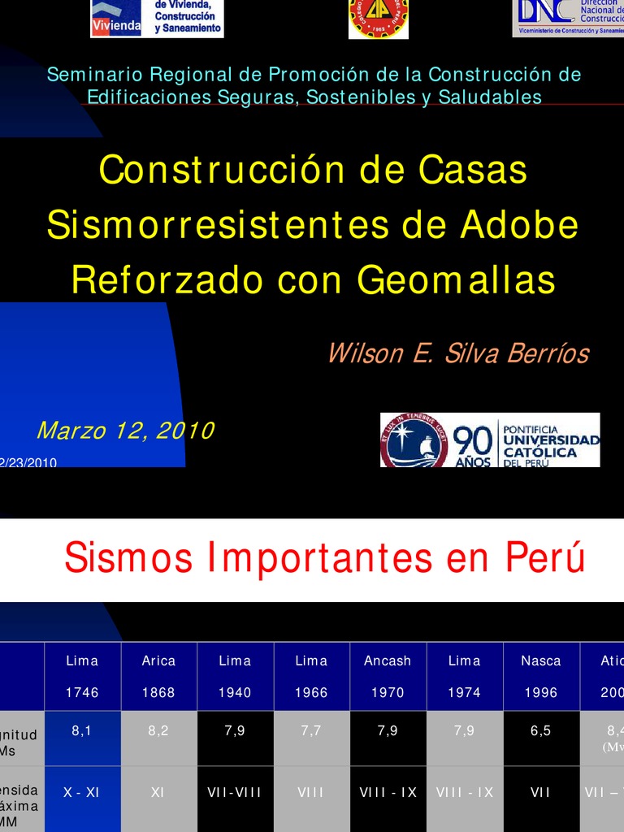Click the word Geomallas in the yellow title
coord(456,280)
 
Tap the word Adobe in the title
coord(519,225)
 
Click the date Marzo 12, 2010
coord(125,431)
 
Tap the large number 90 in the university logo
coord(473,443)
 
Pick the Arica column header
coord(158,661)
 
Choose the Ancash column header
coord(388,661)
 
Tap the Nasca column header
coord(540,661)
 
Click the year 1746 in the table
coord(82,692)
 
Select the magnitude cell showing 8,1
coord(82,730)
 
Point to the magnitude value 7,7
coord(311,730)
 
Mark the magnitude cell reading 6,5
coord(540,730)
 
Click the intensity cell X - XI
coord(82,792)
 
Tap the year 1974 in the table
coord(464,692)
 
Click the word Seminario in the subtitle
coord(84,75)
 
